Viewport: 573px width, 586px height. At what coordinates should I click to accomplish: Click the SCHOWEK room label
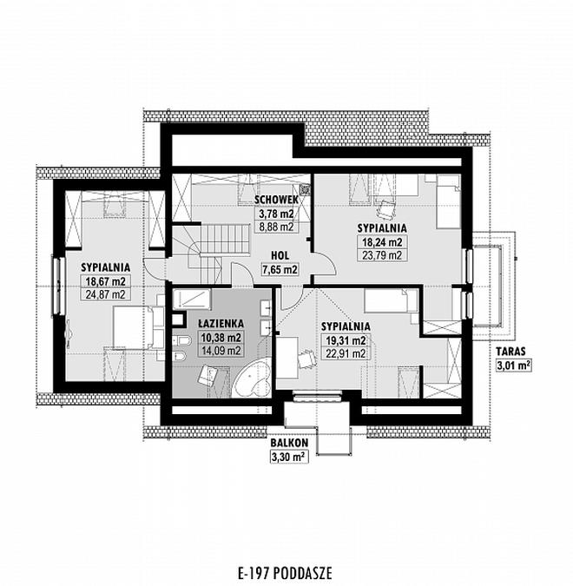(276, 200)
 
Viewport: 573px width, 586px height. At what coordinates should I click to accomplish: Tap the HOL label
(280, 255)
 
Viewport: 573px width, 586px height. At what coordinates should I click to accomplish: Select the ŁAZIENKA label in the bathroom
(221, 323)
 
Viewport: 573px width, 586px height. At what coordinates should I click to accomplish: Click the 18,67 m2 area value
(106, 281)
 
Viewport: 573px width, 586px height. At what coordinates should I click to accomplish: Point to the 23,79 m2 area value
(382, 255)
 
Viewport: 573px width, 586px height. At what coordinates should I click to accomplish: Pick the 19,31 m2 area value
(346, 340)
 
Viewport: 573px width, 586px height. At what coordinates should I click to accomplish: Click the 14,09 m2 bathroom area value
(221, 351)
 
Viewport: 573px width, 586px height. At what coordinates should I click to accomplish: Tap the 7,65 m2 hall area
(280, 269)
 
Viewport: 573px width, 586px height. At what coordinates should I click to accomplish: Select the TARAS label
(510, 352)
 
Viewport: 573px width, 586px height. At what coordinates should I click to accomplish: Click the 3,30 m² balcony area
(289, 457)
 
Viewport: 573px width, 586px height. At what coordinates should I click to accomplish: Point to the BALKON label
(289, 444)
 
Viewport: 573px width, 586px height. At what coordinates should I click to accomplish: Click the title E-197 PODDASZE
(285, 572)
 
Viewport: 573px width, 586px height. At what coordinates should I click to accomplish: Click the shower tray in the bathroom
(192, 300)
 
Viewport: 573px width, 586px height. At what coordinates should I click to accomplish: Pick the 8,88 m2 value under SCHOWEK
(276, 227)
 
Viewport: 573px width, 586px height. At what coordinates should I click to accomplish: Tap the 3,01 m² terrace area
(514, 365)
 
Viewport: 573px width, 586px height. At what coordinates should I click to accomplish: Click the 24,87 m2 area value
(106, 294)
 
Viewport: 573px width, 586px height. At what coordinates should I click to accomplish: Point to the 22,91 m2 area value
(346, 353)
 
